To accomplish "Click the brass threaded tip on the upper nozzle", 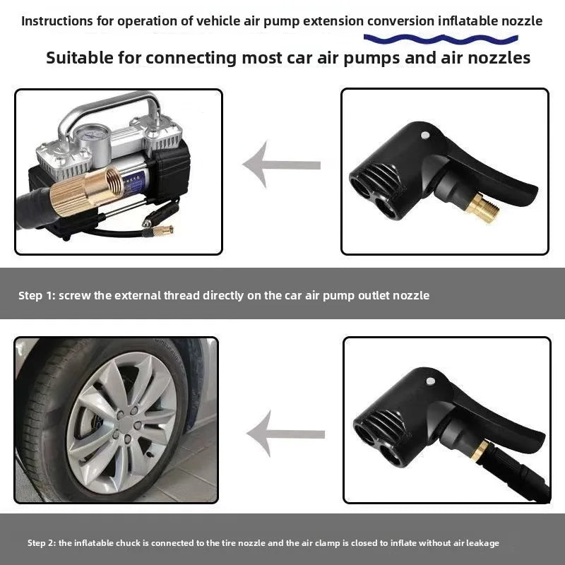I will tap(486, 208).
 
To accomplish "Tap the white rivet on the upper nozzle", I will tap(424, 134).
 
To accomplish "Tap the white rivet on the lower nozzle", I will tap(430, 381).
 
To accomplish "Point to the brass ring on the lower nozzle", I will tap(480, 450).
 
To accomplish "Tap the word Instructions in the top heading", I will tap(57, 20).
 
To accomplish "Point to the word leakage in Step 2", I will tap(482, 543).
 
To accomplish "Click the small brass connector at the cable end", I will tap(161, 231).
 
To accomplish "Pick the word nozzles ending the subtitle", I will tap(501, 58).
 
